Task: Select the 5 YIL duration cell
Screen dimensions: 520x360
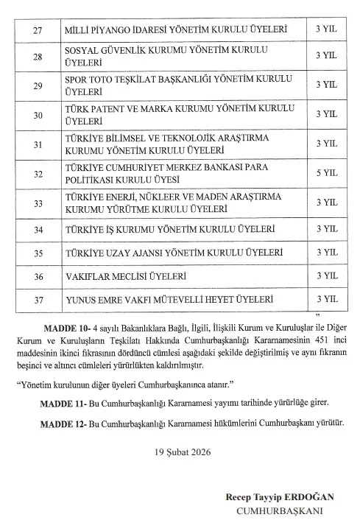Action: click(325, 172)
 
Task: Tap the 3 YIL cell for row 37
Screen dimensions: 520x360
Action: click(325, 299)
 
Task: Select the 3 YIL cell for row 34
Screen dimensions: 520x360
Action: click(325, 228)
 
